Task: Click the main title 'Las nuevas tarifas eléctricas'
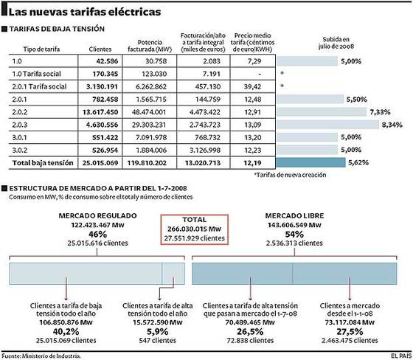click(81, 12)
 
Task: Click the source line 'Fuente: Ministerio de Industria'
click(43, 355)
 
